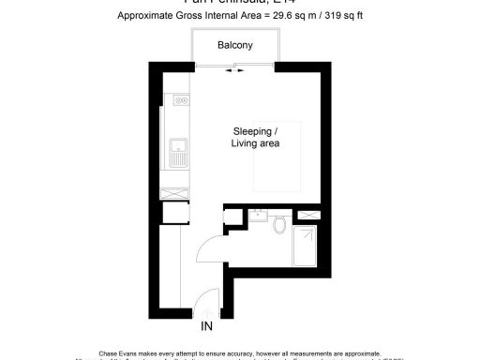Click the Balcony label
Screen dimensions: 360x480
(x=233, y=45)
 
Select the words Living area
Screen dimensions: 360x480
(x=255, y=144)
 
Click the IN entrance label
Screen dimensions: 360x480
(x=206, y=327)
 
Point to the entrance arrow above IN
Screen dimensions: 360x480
(x=206, y=314)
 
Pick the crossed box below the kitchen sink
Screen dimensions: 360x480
(x=175, y=192)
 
